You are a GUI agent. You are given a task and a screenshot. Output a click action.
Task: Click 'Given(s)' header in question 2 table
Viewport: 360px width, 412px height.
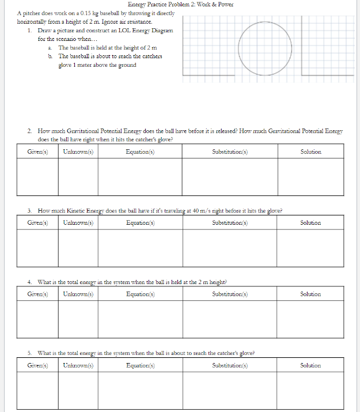point(37,152)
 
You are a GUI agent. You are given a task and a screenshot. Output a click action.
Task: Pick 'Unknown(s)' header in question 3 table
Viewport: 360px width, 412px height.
point(78,223)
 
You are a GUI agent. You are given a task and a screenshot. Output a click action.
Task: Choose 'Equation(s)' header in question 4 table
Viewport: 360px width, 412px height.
point(140,294)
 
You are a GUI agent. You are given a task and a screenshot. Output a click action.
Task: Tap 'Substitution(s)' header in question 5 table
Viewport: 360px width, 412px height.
point(230,365)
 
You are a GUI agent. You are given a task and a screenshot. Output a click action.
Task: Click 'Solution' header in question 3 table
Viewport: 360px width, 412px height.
point(310,223)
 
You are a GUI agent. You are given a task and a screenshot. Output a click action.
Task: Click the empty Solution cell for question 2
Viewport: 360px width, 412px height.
point(310,176)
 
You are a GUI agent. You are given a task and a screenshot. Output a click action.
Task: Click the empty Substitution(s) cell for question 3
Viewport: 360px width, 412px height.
point(230,248)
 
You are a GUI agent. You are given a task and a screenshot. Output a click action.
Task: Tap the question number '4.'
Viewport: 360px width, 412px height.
point(29,282)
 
